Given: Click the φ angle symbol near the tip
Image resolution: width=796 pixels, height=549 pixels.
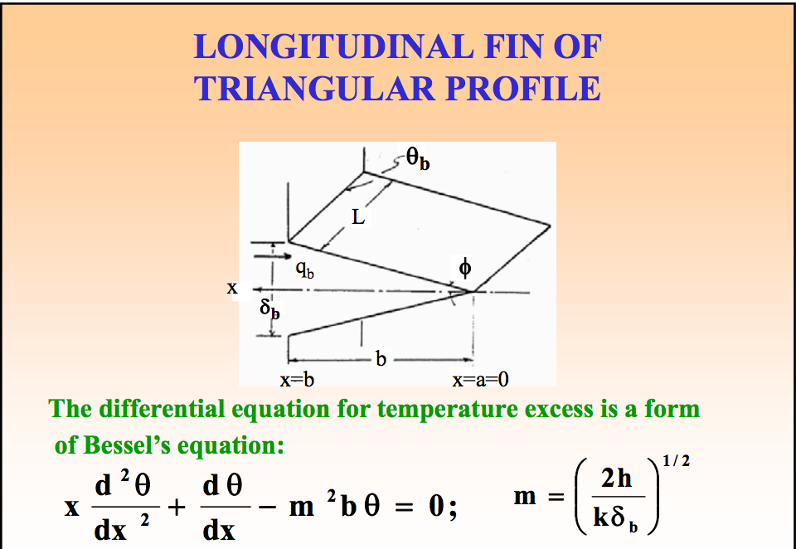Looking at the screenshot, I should [x=465, y=268].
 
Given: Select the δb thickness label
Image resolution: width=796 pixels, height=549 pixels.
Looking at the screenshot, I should [x=269, y=310].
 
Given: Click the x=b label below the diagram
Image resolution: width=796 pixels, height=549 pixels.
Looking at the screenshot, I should [x=296, y=380].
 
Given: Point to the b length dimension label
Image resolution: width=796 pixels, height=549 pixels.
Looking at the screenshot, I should [x=381, y=361].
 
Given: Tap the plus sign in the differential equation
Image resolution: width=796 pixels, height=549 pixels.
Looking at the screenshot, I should [x=176, y=508].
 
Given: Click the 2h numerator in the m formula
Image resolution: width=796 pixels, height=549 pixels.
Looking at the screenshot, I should [x=619, y=479].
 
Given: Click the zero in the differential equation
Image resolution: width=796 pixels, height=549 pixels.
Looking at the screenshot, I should [x=438, y=508].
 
